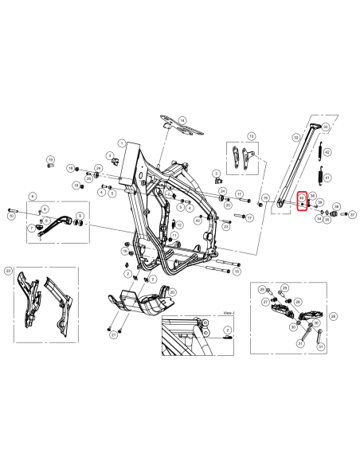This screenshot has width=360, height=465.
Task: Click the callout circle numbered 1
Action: (x=122, y=143)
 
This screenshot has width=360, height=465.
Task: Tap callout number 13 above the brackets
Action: (x=252, y=137)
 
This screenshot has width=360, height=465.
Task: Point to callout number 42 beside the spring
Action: (x=327, y=151)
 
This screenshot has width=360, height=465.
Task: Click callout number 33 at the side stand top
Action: (x=325, y=118)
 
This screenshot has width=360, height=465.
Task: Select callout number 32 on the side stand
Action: (x=296, y=138)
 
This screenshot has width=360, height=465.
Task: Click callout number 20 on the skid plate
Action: (x=173, y=292)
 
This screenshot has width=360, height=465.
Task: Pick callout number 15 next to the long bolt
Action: (x=237, y=272)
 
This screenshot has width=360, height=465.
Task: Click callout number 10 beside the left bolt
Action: (x=11, y=215)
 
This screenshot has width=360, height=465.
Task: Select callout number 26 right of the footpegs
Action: (x=334, y=316)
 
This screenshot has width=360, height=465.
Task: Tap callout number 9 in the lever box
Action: (x=80, y=216)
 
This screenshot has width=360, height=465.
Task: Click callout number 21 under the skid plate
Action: (x=114, y=336)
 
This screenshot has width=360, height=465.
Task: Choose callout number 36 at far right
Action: (x=336, y=207)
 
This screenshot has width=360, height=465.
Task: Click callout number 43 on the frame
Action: (x=198, y=220)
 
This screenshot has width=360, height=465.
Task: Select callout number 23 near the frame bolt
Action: (x=226, y=227)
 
